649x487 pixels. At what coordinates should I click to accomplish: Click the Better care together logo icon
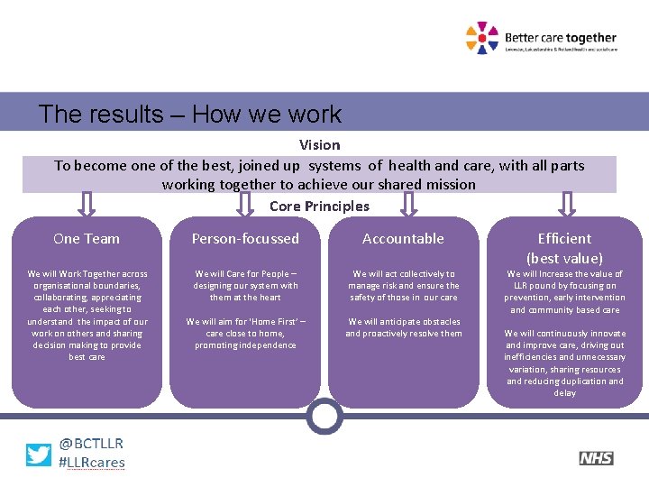coord(481,38)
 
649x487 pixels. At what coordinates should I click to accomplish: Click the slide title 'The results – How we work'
coord(190,115)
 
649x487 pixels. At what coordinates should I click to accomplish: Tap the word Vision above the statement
coord(319,144)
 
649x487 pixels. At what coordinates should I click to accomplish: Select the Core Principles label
coord(319,206)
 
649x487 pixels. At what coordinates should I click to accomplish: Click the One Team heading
coord(87,238)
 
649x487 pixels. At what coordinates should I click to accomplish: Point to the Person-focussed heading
coord(245,238)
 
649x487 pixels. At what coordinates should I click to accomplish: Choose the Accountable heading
coord(403,238)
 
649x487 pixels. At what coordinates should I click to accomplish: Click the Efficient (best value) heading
coord(564,248)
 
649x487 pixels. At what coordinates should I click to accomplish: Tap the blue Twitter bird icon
coord(39,454)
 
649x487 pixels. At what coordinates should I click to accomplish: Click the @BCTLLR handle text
coord(91,443)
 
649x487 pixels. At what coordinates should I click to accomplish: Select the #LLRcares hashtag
coord(91,463)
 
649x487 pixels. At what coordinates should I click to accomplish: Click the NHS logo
coord(596,458)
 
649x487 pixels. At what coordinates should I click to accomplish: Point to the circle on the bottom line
coord(324,416)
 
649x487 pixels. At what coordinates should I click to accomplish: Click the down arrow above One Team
coord(87,204)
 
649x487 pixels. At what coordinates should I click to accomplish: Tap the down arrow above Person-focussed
coord(245,204)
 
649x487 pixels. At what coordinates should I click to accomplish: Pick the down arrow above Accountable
coord(407,204)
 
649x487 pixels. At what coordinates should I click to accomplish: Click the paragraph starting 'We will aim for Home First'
coord(245,333)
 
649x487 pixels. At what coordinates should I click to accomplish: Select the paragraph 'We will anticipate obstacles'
coord(403,327)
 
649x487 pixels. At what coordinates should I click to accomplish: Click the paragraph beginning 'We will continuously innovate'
coord(564,363)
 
